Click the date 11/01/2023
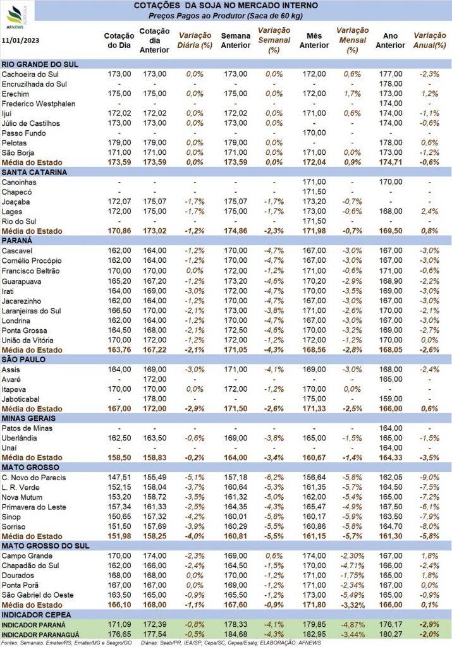coord(21,40)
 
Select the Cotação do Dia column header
coord(119,40)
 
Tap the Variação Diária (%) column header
coord(195,40)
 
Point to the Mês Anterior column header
coord(314,40)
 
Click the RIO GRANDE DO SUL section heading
coord(40,64)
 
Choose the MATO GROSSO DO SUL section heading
coord(46,545)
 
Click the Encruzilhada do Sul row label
coord(34,84)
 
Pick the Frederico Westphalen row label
coord(39,104)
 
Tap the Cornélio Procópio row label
coord(32,261)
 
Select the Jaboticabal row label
coord(21,399)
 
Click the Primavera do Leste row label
coord(34,507)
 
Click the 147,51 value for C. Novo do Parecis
coord(119,478)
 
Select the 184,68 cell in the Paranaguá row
coord(236,634)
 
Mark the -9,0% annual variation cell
coord(429,478)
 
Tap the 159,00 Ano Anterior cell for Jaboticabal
coord(391,399)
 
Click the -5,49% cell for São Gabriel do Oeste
coord(352,595)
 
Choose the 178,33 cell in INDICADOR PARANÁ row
coord(236,625)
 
